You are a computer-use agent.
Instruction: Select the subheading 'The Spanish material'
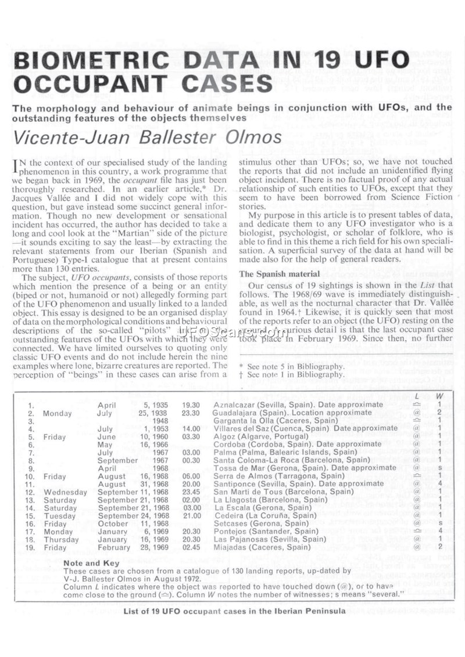(x=280, y=274)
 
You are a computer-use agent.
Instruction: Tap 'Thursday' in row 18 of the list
(x=61, y=539)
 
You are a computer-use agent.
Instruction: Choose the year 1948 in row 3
(x=160, y=421)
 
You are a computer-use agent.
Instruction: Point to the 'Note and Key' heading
(x=91, y=564)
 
